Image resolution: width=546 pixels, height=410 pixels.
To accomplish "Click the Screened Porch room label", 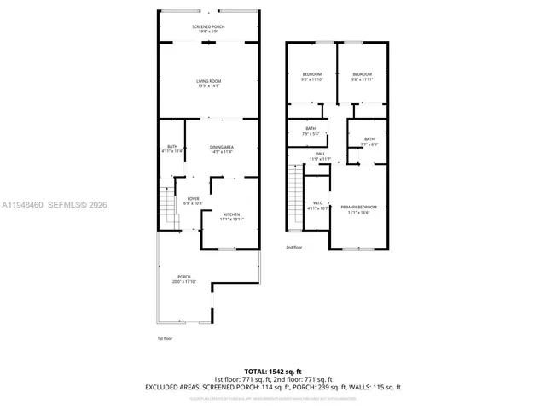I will tap(208, 30).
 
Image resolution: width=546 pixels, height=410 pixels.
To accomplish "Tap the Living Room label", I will tap(208, 84).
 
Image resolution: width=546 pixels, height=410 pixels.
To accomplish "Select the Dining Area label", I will tap(222, 149).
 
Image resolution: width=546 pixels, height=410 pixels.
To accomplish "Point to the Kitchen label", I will tap(232, 217).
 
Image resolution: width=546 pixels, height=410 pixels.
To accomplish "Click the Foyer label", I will tap(194, 201).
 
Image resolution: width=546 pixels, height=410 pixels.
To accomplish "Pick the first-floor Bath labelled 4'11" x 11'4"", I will tap(171, 149).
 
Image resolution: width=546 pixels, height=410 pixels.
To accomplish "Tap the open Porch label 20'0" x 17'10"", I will tap(184, 278).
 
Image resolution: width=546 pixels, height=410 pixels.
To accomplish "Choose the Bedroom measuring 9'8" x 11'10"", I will tap(312, 77).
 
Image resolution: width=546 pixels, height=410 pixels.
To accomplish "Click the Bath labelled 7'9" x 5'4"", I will tap(311, 132).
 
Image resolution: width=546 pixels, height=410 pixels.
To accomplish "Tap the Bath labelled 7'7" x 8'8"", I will tap(369, 142).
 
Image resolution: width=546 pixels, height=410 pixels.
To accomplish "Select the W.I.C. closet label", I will tap(317, 206).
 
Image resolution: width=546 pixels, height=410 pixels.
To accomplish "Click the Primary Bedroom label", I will tap(358, 210).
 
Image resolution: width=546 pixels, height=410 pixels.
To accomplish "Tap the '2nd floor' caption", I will tap(293, 247).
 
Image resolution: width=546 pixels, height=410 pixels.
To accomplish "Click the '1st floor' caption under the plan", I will tap(166, 338).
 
